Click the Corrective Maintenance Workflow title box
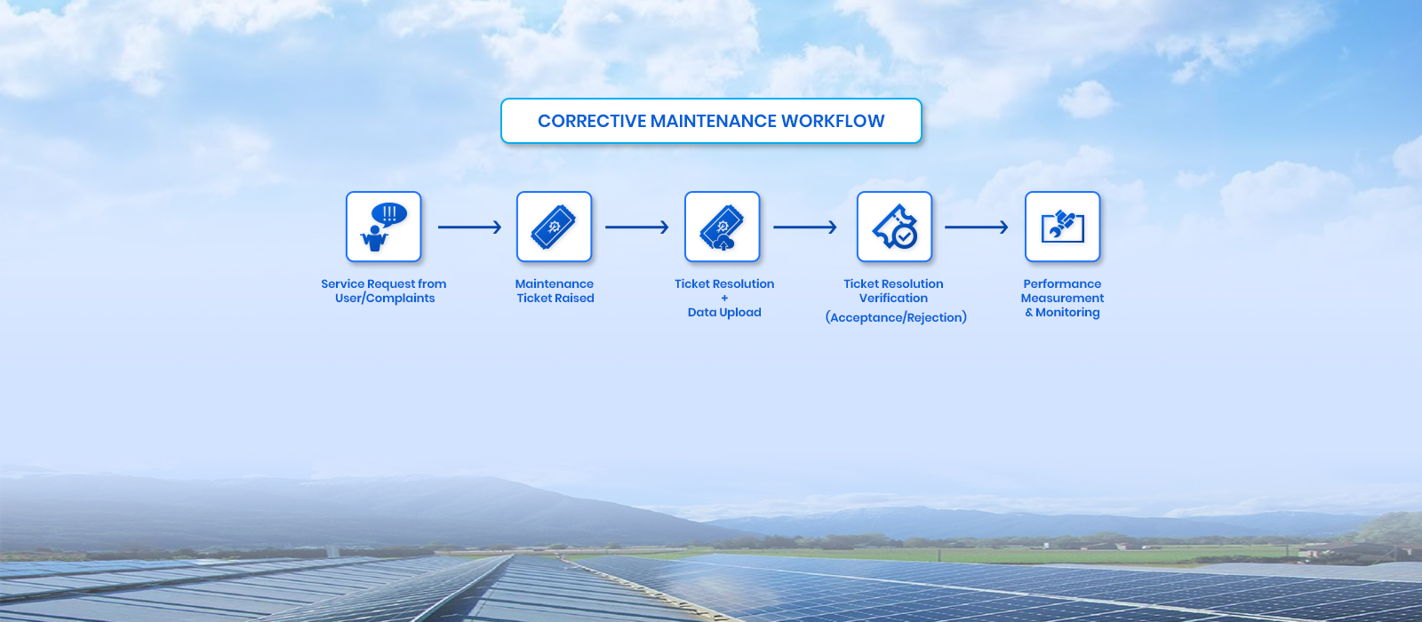(x=711, y=121)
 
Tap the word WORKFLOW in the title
(x=832, y=121)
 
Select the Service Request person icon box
(x=383, y=227)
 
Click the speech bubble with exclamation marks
(x=389, y=214)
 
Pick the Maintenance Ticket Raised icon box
(x=555, y=227)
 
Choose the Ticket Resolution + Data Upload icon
(x=723, y=227)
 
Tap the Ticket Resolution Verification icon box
(x=894, y=227)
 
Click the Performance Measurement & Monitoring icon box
(x=1063, y=227)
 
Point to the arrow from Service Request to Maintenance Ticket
(x=470, y=227)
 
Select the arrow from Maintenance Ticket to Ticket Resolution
(x=636, y=227)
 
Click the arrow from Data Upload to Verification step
(x=805, y=227)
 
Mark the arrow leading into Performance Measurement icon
(x=977, y=227)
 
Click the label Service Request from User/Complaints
(x=384, y=291)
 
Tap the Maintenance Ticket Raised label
(x=555, y=291)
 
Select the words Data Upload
(x=724, y=312)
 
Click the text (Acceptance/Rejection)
(x=896, y=317)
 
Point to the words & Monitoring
(x=1063, y=312)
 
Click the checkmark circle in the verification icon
(x=905, y=236)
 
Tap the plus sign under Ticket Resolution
(x=724, y=299)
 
